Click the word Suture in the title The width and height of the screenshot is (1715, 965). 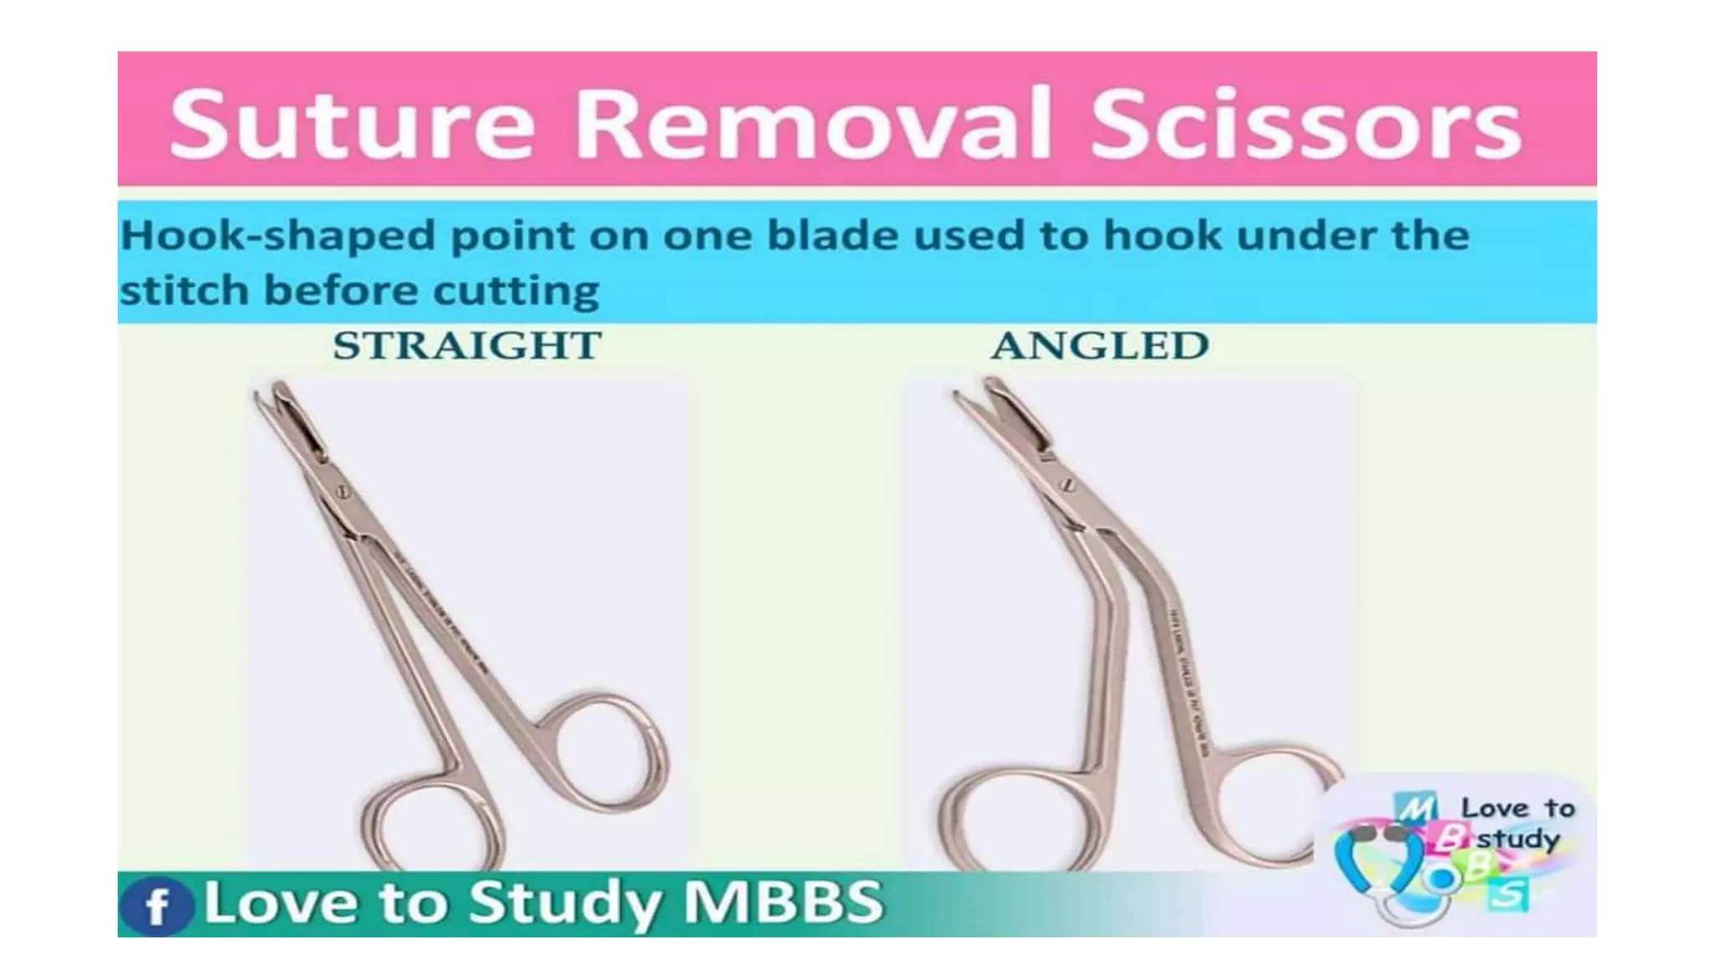pyautogui.click(x=352, y=123)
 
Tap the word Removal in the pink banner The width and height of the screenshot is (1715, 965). pyautogui.click(x=811, y=123)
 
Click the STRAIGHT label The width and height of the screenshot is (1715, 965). pyautogui.click(x=467, y=345)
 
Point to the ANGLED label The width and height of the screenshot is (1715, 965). pyautogui.click(x=1100, y=345)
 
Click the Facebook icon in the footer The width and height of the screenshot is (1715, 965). pyautogui.click(x=157, y=906)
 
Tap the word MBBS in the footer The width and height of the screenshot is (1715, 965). pyautogui.click(x=783, y=902)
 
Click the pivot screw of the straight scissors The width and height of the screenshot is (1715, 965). pyautogui.click(x=342, y=493)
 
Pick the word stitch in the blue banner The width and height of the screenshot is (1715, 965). pyautogui.click(x=184, y=291)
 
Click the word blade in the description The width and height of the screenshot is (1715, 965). pyautogui.click(x=832, y=235)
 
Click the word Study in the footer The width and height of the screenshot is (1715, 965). pyautogui.click(x=569, y=902)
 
